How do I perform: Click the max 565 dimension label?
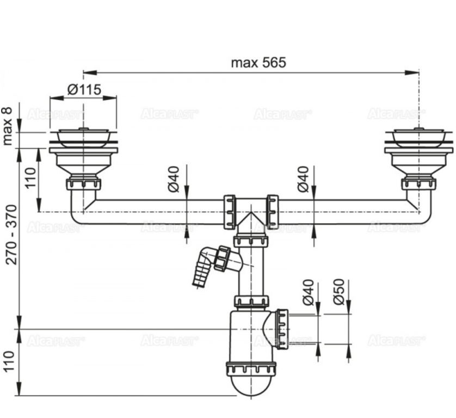(x=258, y=63)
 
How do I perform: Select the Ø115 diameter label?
(x=84, y=89)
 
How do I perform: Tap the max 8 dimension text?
(x=8, y=126)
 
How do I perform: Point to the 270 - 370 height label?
(x=12, y=235)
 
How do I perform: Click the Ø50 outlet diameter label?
(x=339, y=292)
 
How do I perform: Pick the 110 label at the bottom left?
(x=9, y=361)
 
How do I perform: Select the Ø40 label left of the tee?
(x=174, y=179)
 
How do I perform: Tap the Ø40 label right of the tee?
(x=303, y=179)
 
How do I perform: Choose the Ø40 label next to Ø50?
(x=309, y=292)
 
